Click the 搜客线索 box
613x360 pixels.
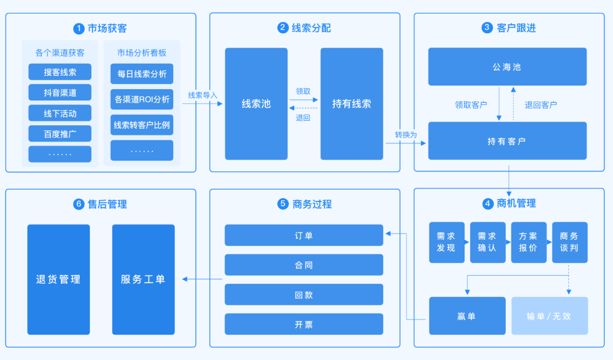pyautogui.click(x=60, y=72)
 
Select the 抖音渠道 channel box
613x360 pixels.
pyautogui.click(x=60, y=93)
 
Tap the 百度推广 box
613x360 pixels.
pyautogui.click(x=60, y=134)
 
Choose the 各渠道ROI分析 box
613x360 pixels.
pyautogui.click(x=142, y=99)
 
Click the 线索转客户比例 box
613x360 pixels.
pyautogui.click(x=142, y=125)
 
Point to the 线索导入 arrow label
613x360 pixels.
pyautogui.click(x=203, y=95)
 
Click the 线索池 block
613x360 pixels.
pyautogui.click(x=256, y=104)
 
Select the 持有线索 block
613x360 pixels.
pyautogui.click(x=352, y=104)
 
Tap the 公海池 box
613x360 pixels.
pyautogui.click(x=507, y=67)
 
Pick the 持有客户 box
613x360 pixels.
pyautogui.click(x=507, y=141)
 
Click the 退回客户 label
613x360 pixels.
pyautogui.click(x=541, y=104)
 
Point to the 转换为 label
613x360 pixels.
pyautogui.click(x=406, y=135)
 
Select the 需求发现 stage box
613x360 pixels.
pyautogui.click(x=446, y=242)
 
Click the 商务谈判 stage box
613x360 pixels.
pyautogui.click(x=570, y=242)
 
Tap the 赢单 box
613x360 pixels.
pyautogui.click(x=467, y=316)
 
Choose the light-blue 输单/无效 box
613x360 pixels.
pyautogui.click(x=549, y=316)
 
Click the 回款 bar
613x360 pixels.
pyautogui.click(x=304, y=295)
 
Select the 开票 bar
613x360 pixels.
pyautogui.click(x=304, y=324)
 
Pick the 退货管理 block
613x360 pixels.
pyautogui.click(x=59, y=279)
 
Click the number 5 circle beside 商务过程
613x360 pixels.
pyautogui.click(x=283, y=204)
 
